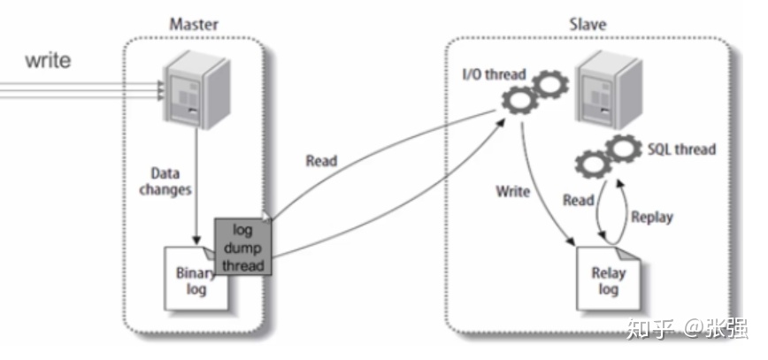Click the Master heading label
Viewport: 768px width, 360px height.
[194, 25]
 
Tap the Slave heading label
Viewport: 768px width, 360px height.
[588, 25]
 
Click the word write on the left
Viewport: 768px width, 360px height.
[48, 61]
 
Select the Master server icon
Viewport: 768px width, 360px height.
[196, 92]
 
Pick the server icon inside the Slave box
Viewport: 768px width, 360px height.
[609, 88]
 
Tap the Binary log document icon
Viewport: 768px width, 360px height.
[196, 279]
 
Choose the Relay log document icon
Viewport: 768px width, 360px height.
[609, 279]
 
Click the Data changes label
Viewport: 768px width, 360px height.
[165, 181]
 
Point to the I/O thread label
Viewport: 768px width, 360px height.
[494, 74]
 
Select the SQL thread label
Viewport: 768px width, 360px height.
[681, 149]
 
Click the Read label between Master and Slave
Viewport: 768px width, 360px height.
[321, 161]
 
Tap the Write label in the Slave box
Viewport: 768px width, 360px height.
[513, 191]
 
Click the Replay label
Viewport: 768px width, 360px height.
[651, 217]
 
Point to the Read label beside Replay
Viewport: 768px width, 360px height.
[579, 200]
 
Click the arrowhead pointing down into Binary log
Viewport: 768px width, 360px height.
[196, 240]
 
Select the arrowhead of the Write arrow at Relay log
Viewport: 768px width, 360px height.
[571, 241]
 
